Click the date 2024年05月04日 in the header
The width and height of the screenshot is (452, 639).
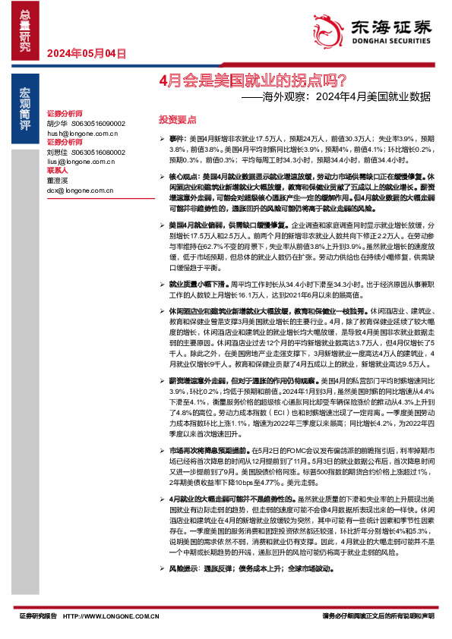(85, 54)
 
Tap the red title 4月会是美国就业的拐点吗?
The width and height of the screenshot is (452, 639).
(254, 80)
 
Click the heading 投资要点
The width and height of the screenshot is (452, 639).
(177, 120)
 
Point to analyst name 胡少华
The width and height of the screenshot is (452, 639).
(57, 122)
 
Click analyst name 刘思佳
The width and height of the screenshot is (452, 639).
(57, 152)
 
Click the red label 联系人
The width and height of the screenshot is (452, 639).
(57, 171)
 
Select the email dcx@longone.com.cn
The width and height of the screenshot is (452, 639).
(77, 190)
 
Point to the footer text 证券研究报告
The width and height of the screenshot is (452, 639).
(38, 617)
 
